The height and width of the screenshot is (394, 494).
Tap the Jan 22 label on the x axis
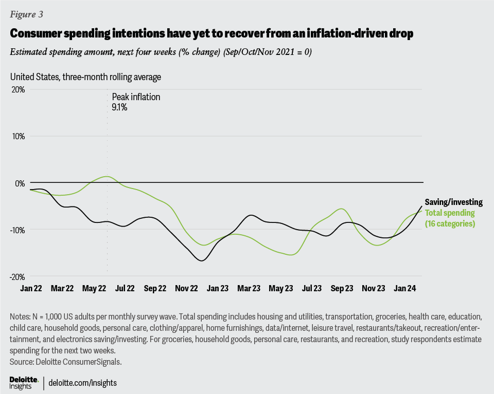coord(31,289)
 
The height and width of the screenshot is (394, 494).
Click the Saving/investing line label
coord(453,202)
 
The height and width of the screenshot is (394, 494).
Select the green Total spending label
coord(450,213)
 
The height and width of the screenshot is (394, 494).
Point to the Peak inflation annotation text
coord(136,97)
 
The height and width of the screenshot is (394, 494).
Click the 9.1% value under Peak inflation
coord(119,107)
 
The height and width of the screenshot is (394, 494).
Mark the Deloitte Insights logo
coord(24,382)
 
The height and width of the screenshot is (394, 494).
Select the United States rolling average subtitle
coord(85,77)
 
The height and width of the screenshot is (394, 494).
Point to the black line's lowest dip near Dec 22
coord(201,260)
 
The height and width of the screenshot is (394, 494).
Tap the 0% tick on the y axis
coord(19,183)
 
